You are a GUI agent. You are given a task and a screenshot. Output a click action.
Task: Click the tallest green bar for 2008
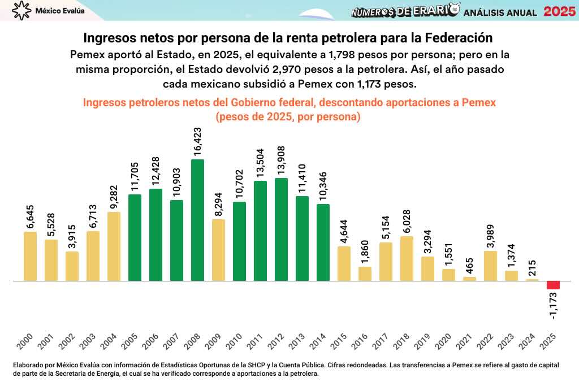[197, 220]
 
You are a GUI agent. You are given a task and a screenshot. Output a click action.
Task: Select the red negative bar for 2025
[553, 285]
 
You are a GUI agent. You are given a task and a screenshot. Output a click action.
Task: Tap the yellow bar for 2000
[30, 256]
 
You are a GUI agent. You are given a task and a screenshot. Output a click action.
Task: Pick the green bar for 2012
[281, 229]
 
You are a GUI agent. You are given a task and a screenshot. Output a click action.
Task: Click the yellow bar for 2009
[218, 250]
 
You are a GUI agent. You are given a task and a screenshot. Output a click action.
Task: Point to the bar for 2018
[407, 258]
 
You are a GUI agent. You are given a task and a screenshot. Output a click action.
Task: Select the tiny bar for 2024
[532, 280]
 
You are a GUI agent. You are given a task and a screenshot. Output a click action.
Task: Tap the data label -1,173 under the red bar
[553, 306]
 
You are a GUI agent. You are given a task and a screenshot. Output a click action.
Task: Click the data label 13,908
[281, 160]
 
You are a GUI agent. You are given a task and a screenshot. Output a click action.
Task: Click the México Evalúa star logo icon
[21, 10]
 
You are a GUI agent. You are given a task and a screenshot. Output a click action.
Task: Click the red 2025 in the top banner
[559, 11]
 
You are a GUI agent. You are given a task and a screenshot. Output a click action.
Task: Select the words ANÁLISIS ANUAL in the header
[500, 12]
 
